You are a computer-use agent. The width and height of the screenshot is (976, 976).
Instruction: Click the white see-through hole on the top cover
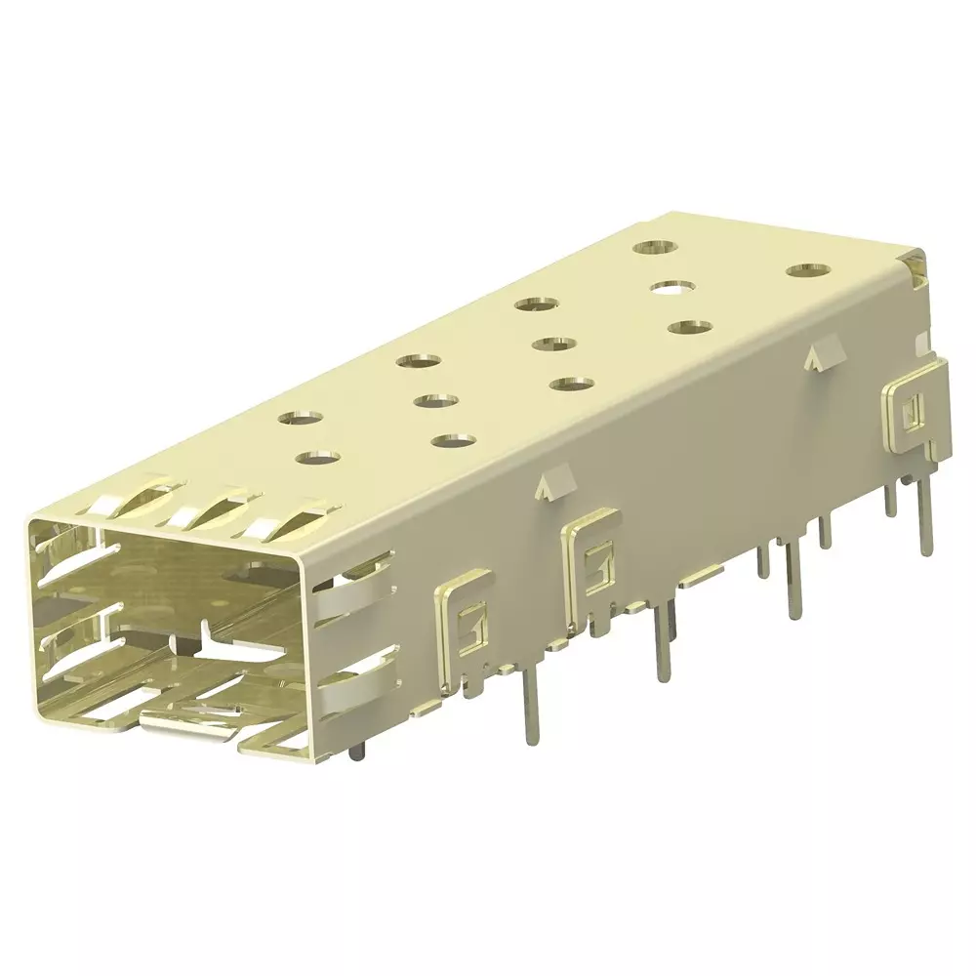click(672, 287)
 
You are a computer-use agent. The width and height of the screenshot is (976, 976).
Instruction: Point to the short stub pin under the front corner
click(356, 752)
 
